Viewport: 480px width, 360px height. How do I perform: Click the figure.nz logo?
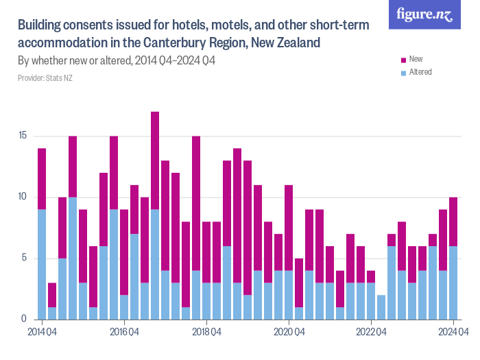[x=424, y=14]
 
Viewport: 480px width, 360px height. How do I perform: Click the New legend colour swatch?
[x=403, y=60]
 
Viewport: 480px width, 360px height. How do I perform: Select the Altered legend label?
[x=420, y=72]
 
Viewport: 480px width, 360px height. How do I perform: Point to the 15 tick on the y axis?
[x=23, y=136]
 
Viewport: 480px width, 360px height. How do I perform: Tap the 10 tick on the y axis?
[x=23, y=197]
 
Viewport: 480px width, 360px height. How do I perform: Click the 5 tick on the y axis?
[x=24, y=258]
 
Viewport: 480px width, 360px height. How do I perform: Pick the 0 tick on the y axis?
[x=24, y=319]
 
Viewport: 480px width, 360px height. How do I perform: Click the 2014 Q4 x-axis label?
[x=42, y=333]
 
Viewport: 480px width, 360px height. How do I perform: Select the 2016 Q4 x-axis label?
[x=124, y=333]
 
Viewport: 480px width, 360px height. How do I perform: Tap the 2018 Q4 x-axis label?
[x=206, y=333]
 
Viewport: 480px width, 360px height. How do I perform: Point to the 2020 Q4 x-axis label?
[x=289, y=333]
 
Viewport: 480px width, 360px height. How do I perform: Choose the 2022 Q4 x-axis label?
[x=371, y=333]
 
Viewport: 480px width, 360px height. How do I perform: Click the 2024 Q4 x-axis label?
[x=453, y=333]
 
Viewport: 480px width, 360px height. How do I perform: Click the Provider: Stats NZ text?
[x=45, y=78]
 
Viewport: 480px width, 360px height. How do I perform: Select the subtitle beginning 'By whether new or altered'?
[x=117, y=61]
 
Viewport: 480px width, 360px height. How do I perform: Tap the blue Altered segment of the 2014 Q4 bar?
[x=42, y=264]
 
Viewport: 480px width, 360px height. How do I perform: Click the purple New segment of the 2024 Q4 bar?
[x=453, y=221]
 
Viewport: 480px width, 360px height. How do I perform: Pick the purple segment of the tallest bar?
[x=155, y=160]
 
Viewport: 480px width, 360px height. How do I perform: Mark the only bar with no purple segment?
[x=381, y=307]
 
